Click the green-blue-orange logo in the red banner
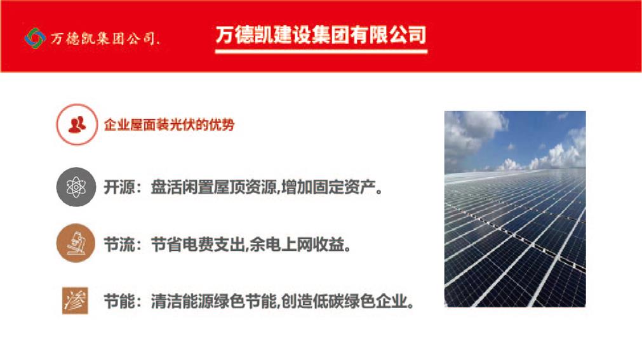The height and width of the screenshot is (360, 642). pyautogui.click(x=35, y=38)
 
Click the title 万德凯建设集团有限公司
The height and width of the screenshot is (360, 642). pyautogui.click(x=321, y=34)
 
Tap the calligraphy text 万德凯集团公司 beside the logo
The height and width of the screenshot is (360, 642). pyautogui.click(x=105, y=39)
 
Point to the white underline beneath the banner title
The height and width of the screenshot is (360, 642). pyautogui.click(x=321, y=51)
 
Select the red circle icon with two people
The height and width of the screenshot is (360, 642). pyautogui.click(x=77, y=124)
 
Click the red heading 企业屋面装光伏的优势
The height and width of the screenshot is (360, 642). pyautogui.click(x=169, y=124)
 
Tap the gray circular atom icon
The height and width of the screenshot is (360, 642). pyautogui.click(x=76, y=187)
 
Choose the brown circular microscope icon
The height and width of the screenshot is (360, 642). pyautogui.click(x=76, y=243)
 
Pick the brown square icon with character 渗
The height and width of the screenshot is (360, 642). pyautogui.click(x=76, y=300)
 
